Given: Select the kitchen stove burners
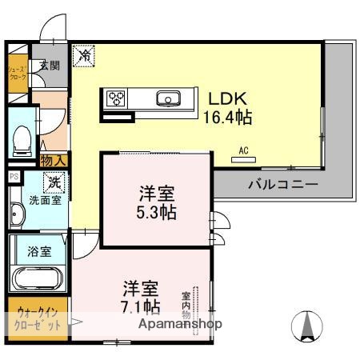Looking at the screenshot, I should tap(117, 99).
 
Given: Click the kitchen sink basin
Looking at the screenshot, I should tap(170, 99).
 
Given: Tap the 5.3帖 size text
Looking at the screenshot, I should tap(155, 214).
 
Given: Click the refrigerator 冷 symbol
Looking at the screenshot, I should tap(83, 55).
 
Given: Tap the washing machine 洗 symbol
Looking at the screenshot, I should tap(54, 183).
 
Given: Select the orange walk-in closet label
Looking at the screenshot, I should tap(38, 320).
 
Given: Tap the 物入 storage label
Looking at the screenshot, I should tap(54, 161).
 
